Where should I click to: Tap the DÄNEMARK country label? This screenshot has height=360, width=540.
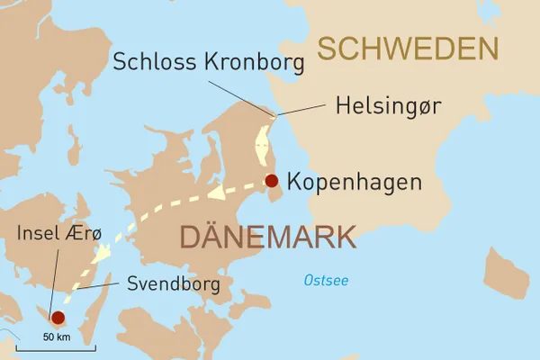pyautogui.click(x=267, y=237)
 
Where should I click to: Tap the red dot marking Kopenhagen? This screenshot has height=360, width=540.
pyautogui.click(x=272, y=181)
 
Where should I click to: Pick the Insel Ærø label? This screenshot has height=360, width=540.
pyautogui.click(x=59, y=234)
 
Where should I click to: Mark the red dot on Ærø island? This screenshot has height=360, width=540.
pyautogui.click(x=58, y=317)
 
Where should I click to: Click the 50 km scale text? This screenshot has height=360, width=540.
pyautogui.click(x=56, y=338)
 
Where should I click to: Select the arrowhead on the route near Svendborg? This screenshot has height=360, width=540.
pyautogui.click(x=101, y=253)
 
